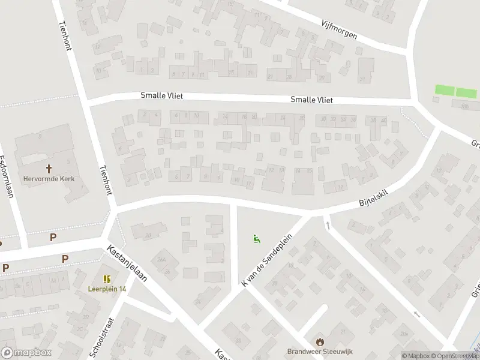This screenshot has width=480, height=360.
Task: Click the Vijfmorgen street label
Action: click(x=339, y=27)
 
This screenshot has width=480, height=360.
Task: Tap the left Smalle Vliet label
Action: click(x=161, y=95)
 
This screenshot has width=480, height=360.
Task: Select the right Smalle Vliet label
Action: click(x=311, y=100)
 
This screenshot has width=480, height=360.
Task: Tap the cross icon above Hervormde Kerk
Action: click(x=48, y=169)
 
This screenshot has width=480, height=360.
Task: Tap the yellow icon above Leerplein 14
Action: click(x=107, y=279)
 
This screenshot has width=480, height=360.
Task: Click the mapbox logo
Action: click(x=26, y=353)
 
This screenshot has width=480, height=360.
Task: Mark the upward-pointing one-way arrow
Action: click(x=328, y=225)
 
